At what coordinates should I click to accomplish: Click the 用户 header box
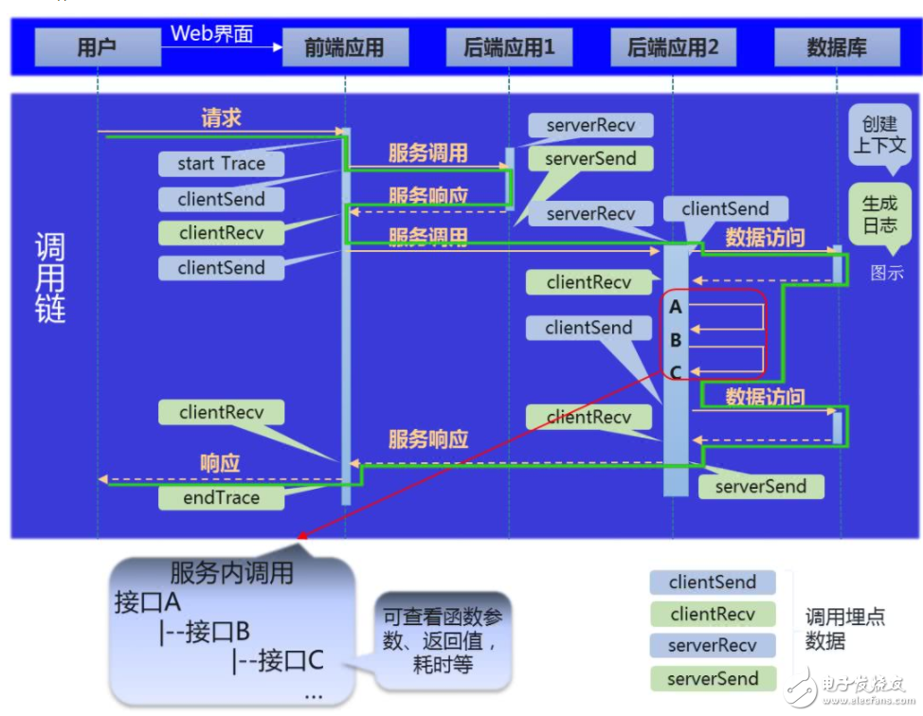pos(97,46)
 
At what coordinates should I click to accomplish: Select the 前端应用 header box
pos(345,46)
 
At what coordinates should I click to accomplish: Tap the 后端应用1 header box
pos(509,46)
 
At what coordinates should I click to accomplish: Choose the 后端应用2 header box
pos(673,46)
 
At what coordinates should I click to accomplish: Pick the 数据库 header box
pos(836,46)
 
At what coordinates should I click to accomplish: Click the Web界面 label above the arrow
pos(212,33)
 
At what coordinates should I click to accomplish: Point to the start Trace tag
pos(221,163)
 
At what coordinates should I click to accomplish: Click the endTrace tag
pos(221,496)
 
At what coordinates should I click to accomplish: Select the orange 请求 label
pos(221,117)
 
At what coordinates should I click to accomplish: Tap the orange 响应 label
pos(220,463)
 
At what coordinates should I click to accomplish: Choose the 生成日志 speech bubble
pos(880,215)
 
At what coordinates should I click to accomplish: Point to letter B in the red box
pos(676,339)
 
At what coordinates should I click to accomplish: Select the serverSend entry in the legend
pos(713,678)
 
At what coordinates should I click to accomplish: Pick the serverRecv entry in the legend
pos(713,645)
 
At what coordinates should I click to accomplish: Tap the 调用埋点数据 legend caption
pos(845,630)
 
